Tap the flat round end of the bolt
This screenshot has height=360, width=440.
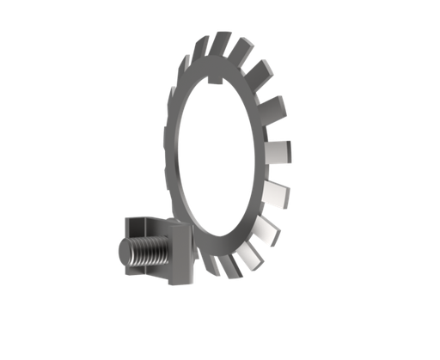coord(120,255)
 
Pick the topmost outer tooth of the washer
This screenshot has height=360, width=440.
coord(222,42)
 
